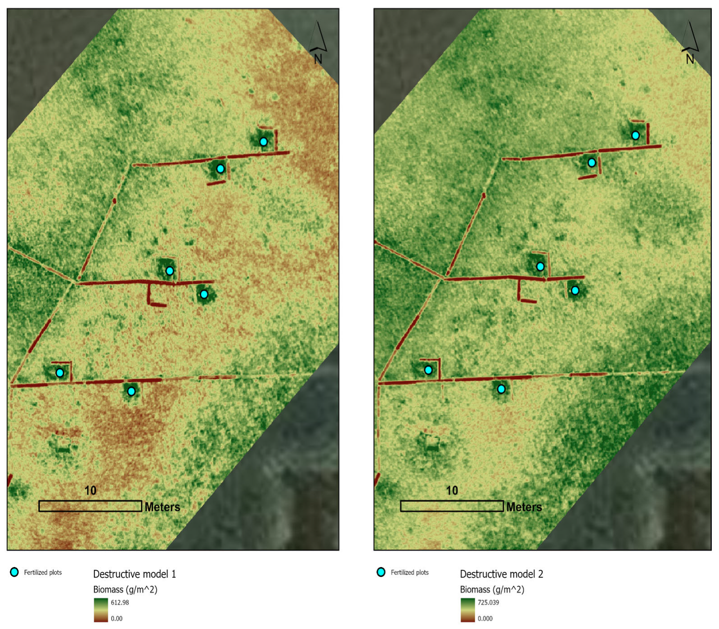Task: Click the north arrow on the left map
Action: tap(319, 40)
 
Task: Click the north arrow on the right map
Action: tap(690, 40)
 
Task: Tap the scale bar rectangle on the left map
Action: tap(90, 506)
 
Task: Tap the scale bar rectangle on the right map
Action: tap(452, 506)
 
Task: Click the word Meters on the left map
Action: tap(162, 507)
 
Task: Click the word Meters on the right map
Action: tap(524, 507)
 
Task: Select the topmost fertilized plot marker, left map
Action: tap(263, 142)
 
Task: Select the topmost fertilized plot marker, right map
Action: tap(635, 135)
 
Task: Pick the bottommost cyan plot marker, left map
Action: tap(131, 391)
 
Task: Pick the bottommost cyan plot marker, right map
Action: tap(501, 389)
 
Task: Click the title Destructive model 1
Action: tap(134, 574)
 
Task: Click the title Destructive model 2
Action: tap(501, 574)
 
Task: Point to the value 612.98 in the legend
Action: tap(120, 602)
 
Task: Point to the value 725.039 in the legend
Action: tap(488, 602)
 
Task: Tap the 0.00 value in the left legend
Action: tap(117, 619)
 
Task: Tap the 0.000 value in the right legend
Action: tap(485, 619)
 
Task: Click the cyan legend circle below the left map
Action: tap(14, 572)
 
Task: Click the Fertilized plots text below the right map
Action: tap(409, 572)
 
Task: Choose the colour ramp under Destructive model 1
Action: tap(101, 610)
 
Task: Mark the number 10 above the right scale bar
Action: tap(452, 491)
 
